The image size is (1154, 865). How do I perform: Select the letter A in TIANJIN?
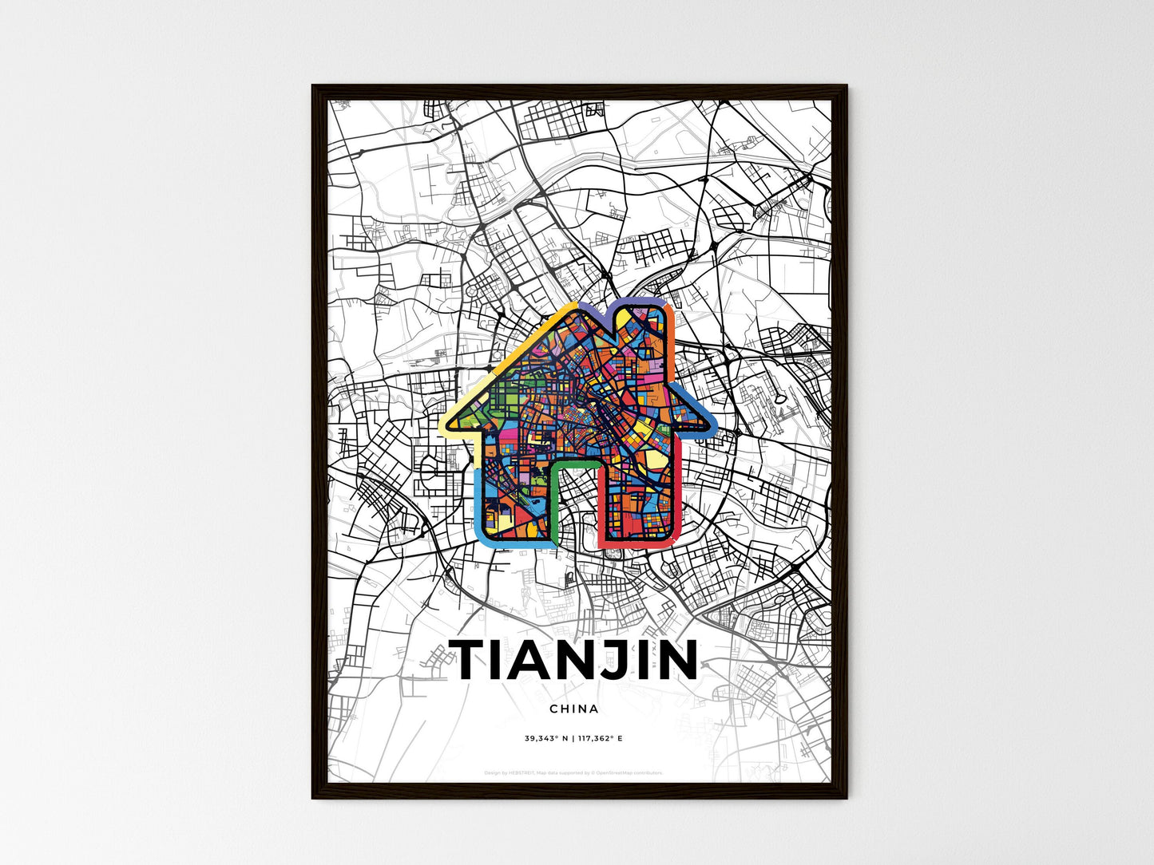pyautogui.click(x=531, y=660)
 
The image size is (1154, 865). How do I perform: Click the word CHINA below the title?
pyautogui.click(x=573, y=709)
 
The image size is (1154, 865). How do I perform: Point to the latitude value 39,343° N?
pyautogui.click(x=546, y=738)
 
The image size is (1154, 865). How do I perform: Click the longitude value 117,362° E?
pyautogui.click(x=600, y=738)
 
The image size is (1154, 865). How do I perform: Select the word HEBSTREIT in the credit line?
pyautogui.click(x=519, y=772)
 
